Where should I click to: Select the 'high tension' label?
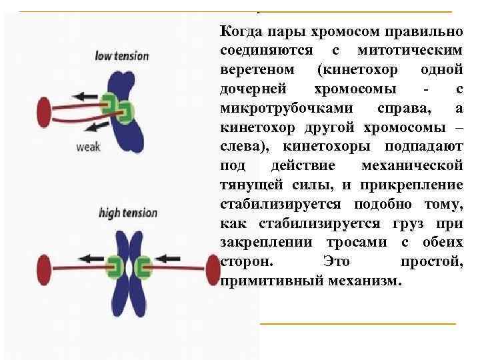point(128,213)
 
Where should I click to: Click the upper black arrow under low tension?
point(84,97)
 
